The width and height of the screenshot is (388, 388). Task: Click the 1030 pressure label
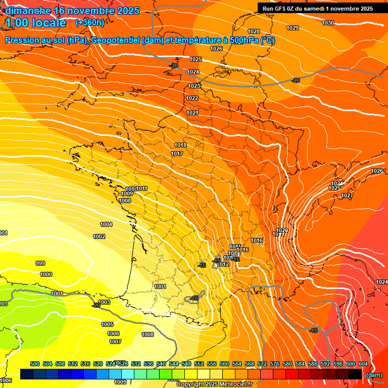click(x=328, y=23)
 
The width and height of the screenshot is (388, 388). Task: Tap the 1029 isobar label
click(x=293, y=28)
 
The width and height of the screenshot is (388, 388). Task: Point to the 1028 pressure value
click(x=254, y=32)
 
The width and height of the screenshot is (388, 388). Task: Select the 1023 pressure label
click(x=194, y=86)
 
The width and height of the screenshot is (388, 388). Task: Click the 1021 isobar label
click(x=192, y=113)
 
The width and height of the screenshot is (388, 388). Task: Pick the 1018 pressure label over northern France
click(x=180, y=145)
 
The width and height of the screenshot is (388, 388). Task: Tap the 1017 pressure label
click(x=177, y=154)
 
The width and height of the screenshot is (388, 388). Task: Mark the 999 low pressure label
click(x=40, y=263)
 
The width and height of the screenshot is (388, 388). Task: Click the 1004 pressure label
click(x=106, y=224)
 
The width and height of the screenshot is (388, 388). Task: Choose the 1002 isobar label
click(x=99, y=236)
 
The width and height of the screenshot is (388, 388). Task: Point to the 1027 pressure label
click(x=347, y=196)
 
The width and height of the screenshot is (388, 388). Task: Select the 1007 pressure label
click(x=115, y=342)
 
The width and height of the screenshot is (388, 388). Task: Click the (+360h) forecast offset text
click(x=90, y=23)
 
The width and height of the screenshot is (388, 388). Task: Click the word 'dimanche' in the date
click(x=25, y=10)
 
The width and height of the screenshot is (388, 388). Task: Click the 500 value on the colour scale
click(x=35, y=364)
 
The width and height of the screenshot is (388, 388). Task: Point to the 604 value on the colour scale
click(x=363, y=364)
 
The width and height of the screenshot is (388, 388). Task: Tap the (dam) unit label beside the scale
click(x=374, y=375)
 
